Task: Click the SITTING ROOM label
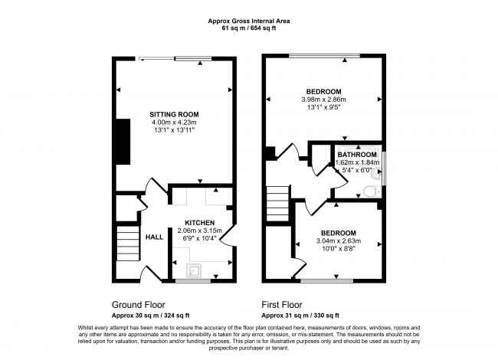(173, 115)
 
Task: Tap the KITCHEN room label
(198, 222)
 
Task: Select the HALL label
(155, 236)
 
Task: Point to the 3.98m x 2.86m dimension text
(324, 100)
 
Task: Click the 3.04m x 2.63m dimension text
(338, 242)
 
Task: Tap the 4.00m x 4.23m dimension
(173, 123)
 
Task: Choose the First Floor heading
(284, 303)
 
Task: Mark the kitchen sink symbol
(195, 269)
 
